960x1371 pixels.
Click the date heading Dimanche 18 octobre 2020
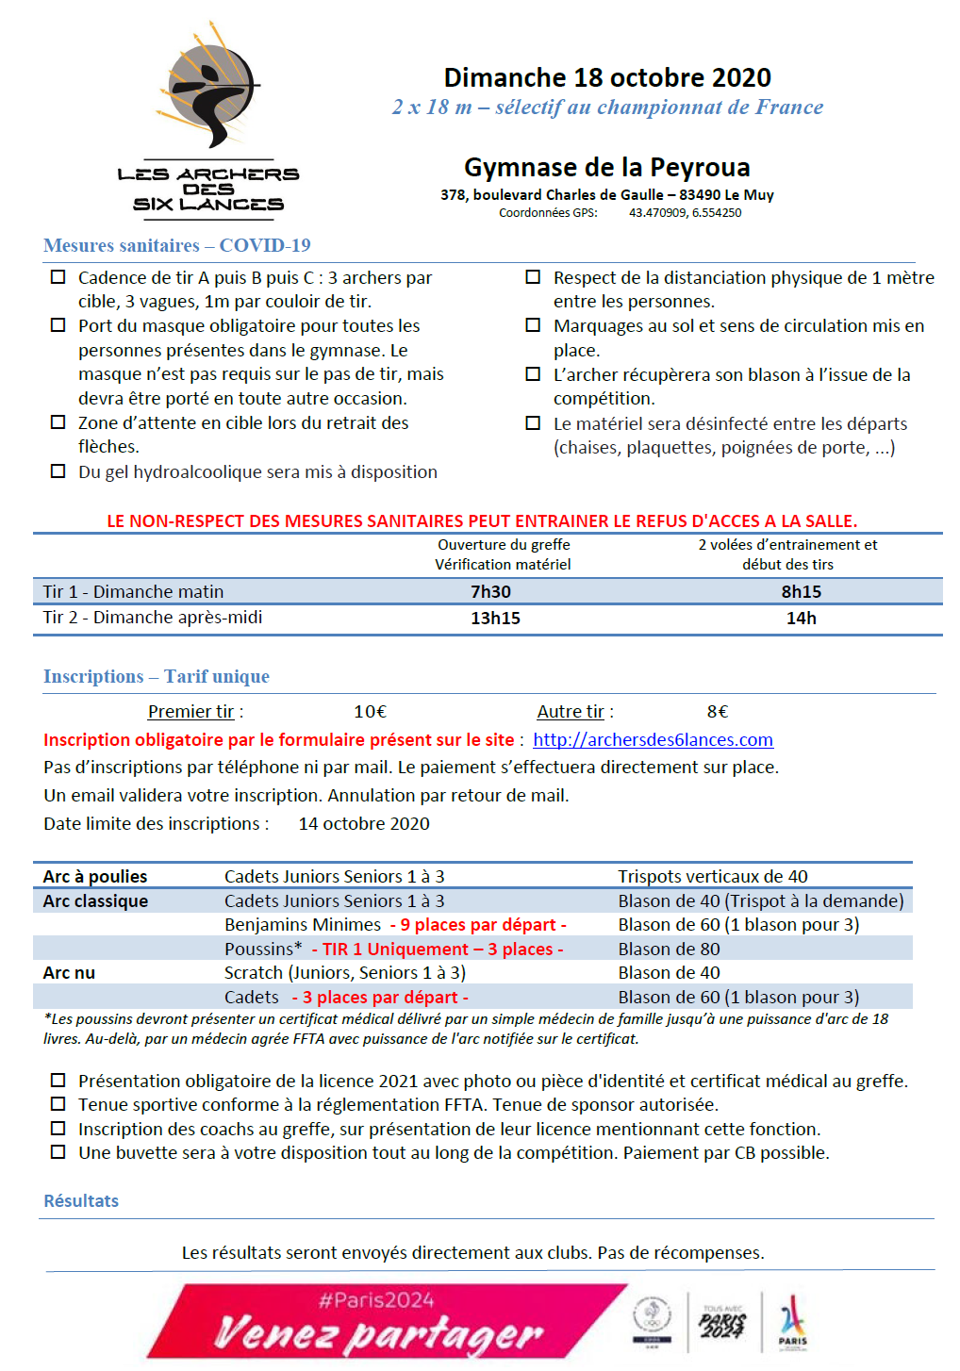pos(607,77)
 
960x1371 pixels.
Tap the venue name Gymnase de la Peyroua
pos(606,168)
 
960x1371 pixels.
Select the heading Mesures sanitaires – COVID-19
pos(177,246)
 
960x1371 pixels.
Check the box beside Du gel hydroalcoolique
pos(58,471)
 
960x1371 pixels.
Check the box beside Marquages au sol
pos(533,325)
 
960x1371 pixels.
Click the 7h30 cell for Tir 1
pos(490,592)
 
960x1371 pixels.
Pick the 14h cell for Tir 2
pos(801,619)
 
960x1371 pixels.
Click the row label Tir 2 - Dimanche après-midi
pos(153,618)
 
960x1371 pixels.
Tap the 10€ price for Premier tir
pos(370,712)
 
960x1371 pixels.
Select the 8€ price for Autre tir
pos(718,712)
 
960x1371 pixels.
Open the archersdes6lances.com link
pos(653,740)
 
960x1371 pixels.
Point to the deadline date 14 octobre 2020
pos(364,824)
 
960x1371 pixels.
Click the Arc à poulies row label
pos(95,877)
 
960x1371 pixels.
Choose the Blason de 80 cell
pos(669,950)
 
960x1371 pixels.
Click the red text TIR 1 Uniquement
pos(395,950)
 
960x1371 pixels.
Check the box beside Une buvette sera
pos(58,1152)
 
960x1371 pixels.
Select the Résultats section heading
pos(81,1201)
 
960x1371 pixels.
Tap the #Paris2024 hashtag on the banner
pos(376,1301)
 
